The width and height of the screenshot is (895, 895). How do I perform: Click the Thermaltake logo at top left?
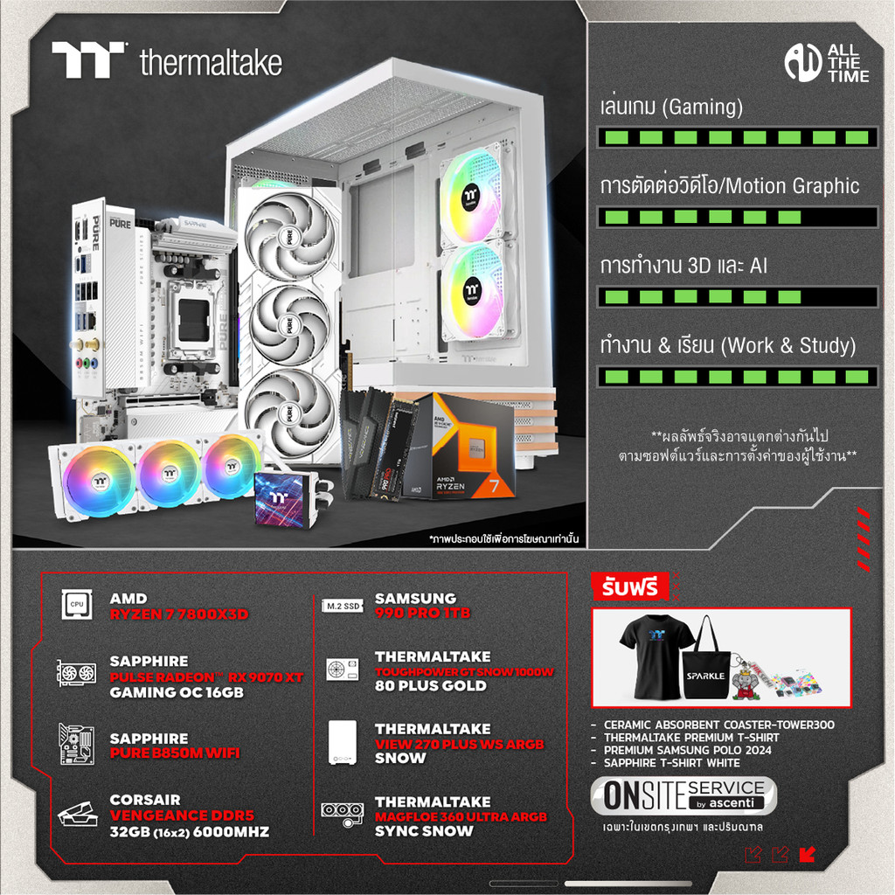tap(166, 60)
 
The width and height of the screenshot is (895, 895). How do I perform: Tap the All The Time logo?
tap(826, 62)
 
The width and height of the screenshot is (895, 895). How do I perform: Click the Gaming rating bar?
tap(737, 137)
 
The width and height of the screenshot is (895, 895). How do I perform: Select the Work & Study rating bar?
tap(737, 377)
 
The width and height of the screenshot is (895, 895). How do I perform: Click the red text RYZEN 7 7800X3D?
tap(178, 614)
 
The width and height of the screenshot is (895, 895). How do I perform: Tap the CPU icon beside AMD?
tap(76, 605)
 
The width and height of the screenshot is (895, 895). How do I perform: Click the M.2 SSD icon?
tap(342, 605)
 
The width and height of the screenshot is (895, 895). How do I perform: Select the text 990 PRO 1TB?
tap(422, 614)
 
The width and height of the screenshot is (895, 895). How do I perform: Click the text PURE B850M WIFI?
tap(174, 753)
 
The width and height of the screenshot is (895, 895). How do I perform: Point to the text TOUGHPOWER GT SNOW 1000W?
tap(464, 671)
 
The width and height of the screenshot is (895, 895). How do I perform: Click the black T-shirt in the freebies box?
tap(656, 656)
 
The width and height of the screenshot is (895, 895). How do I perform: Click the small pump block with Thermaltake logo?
tap(285, 499)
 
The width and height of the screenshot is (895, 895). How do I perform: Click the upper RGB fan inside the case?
tap(472, 197)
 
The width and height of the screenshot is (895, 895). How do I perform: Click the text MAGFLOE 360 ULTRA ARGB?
tap(461, 816)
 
